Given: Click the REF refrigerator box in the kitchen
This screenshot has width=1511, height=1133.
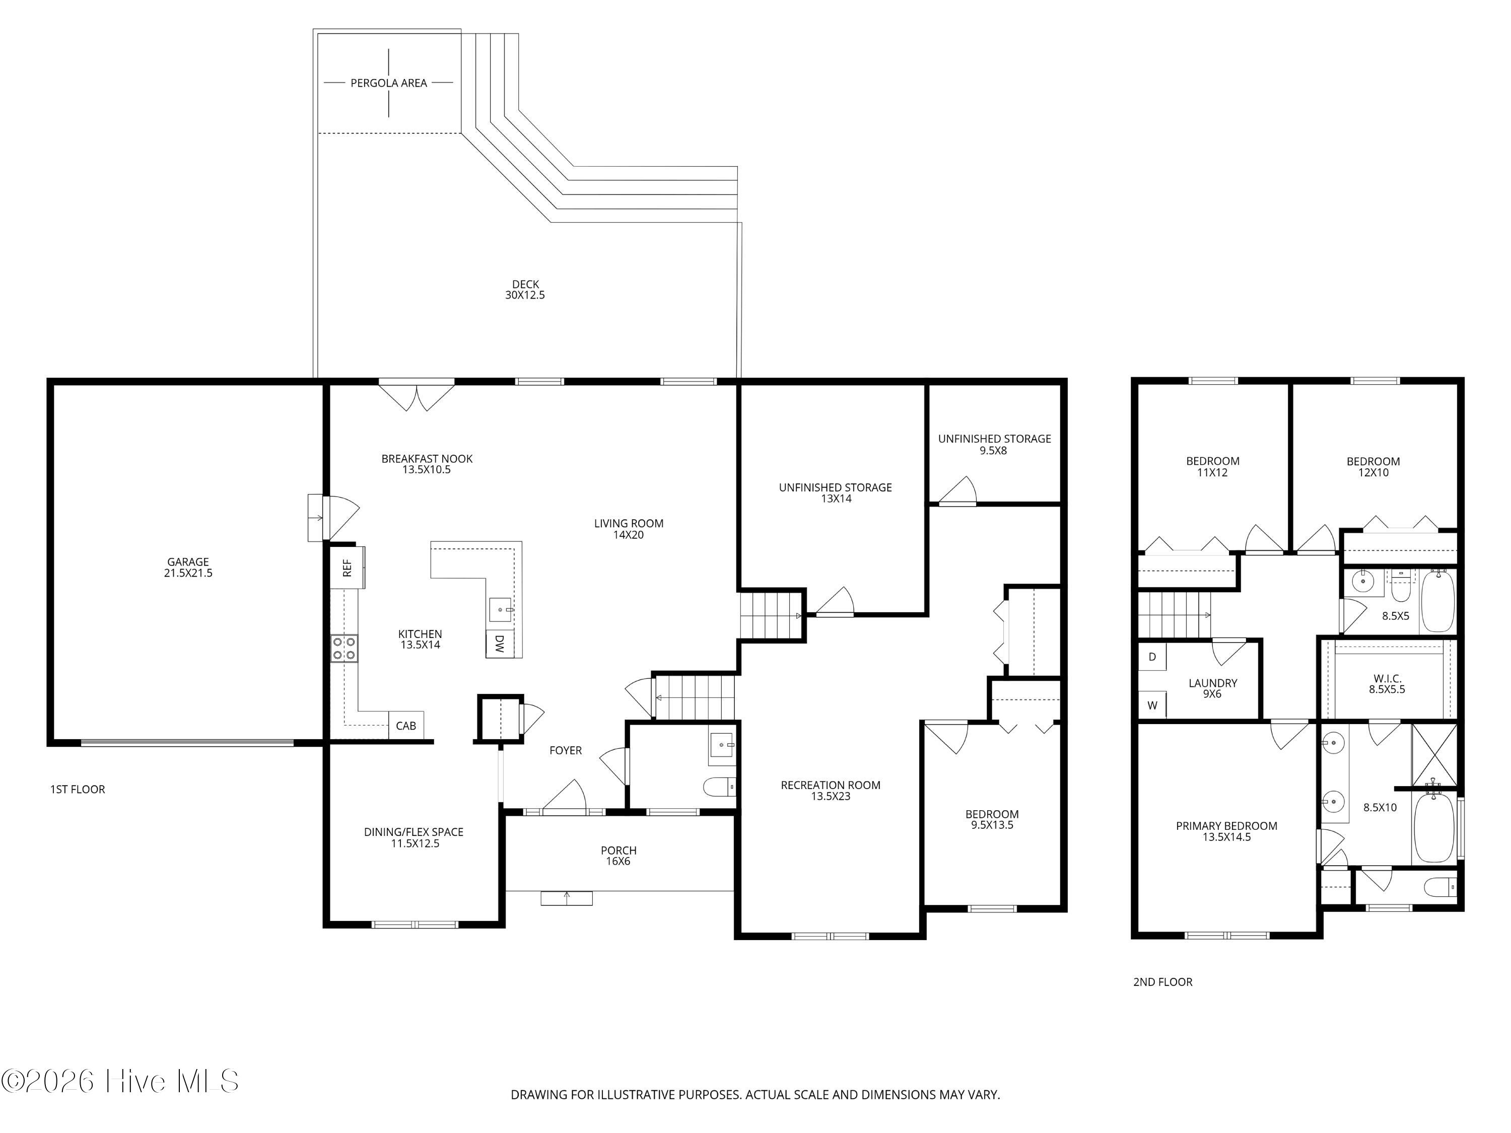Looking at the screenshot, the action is (347, 567).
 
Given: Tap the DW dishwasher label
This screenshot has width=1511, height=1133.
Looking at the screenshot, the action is (499, 644).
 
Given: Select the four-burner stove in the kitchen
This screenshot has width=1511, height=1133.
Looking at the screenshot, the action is (345, 648).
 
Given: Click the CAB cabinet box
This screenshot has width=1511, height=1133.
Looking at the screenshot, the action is (406, 725).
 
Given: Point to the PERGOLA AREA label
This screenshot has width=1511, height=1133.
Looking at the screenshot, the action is (389, 83).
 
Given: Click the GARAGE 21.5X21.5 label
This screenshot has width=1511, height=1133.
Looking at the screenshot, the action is (188, 568).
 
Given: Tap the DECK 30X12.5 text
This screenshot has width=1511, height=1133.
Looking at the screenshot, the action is (525, 290).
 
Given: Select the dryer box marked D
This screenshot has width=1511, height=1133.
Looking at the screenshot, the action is (1152, 657).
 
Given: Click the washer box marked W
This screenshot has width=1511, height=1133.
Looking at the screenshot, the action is (1152, 705).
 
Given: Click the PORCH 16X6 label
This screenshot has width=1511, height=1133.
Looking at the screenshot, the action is (618, 856).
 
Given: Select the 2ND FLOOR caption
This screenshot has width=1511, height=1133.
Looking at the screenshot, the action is (1162, 982).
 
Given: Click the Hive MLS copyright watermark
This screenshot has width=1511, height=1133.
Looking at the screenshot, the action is (120, 1081).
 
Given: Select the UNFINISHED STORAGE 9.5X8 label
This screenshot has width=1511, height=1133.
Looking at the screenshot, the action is (994, 445).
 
